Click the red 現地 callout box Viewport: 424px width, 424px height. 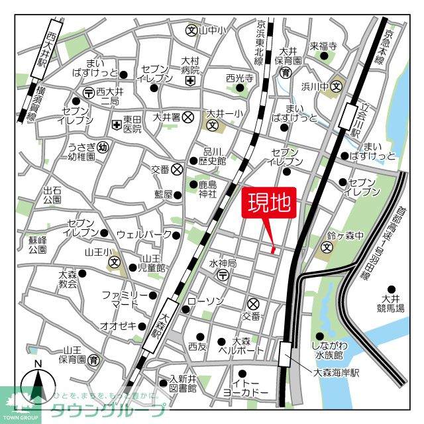[270, 203]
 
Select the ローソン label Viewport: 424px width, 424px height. [205, 301]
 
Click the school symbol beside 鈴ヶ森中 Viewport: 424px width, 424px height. [327, 248]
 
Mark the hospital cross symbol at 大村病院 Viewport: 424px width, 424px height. [190, 81]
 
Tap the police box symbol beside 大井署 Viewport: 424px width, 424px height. [188, 117]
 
